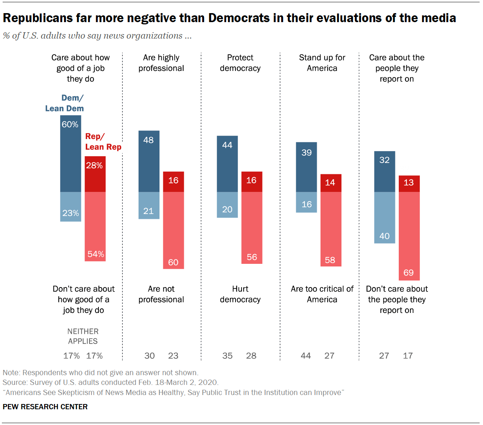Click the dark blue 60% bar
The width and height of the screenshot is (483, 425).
coord(71,154)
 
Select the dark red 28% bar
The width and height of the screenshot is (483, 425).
coord(95,174)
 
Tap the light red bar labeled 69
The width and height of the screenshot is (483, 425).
coord(409,236)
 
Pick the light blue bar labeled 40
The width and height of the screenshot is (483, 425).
coord(385,217)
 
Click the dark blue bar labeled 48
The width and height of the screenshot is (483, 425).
coord(149,161)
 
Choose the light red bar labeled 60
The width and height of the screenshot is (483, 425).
coord(173,230)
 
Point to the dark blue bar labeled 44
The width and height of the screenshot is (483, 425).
coord(227,164)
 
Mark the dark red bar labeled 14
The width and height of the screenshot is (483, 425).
coord(331,183)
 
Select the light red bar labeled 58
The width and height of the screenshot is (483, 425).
coord(331,229)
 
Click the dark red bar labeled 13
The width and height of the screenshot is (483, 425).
coord(409,184)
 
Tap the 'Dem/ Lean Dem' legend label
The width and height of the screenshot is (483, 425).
coord(65,103)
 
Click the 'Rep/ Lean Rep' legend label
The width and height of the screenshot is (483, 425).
coord(103,142)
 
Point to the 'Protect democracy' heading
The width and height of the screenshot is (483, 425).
coord(240,63)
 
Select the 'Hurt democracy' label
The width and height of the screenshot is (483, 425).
coord(240,294)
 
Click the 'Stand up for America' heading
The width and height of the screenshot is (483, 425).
coord(322,63)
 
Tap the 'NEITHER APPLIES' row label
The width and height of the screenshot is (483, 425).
coord(83,336)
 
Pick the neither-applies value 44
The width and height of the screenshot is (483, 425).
coord(306,356)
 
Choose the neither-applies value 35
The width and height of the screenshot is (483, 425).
coord(227,356)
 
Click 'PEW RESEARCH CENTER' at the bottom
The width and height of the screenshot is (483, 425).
coord(45,407)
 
